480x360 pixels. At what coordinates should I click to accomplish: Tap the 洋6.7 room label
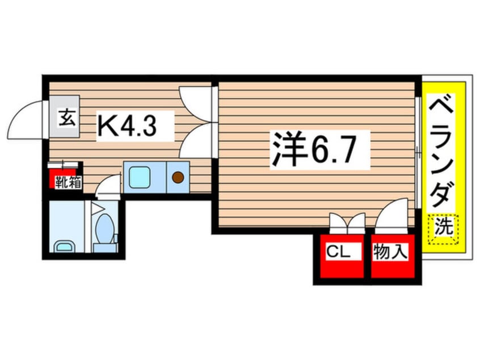[320, 149]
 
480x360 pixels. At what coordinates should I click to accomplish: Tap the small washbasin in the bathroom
[63, 246]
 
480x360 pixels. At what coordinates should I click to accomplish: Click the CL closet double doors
[347, 221]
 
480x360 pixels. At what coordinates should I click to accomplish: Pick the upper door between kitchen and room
[196, 102]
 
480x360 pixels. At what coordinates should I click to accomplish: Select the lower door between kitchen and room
[196, 141]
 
